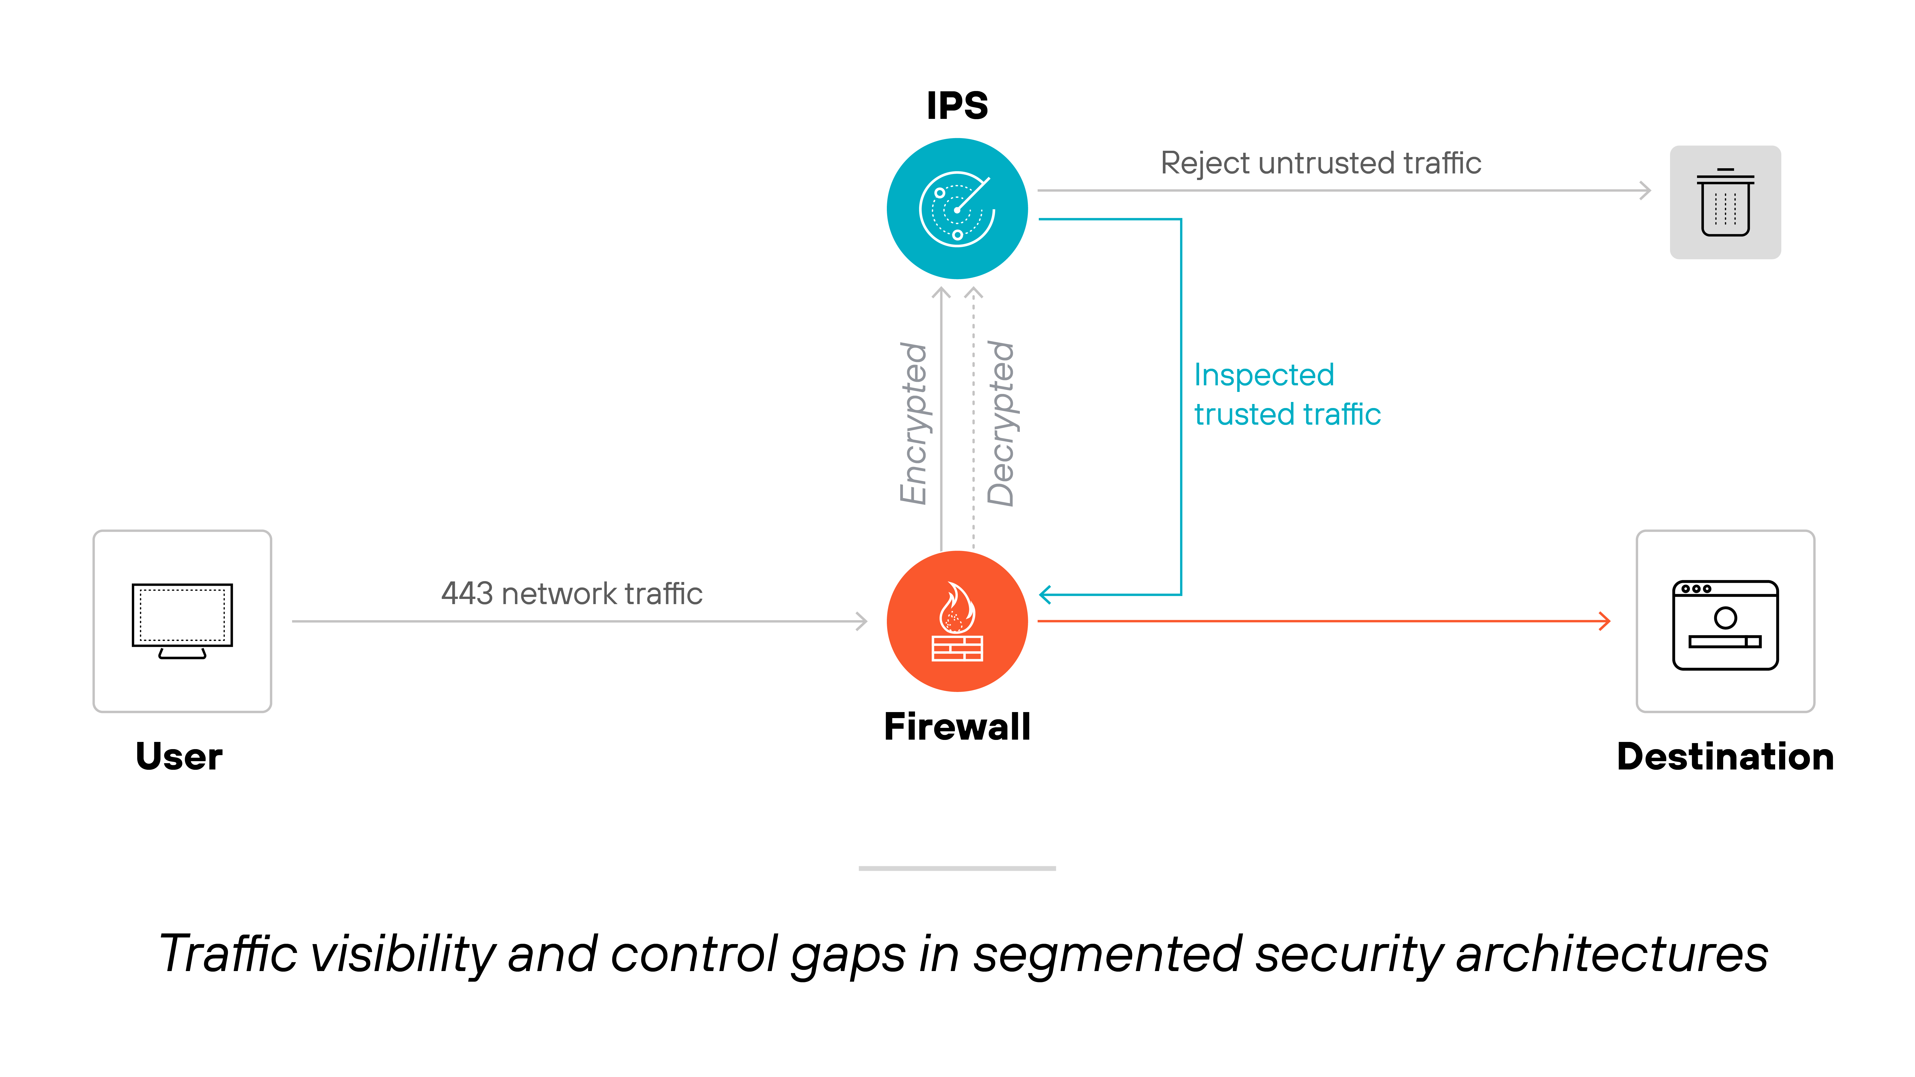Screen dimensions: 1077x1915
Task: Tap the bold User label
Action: (x=179, y=757)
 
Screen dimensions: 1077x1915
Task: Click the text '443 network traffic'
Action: (x=572, y=594)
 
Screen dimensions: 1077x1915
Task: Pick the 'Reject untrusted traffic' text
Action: (x=1320, y=163)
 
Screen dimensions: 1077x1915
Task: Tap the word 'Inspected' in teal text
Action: (x=1264, y=375)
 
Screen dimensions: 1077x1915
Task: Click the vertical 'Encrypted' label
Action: (x=914, y=424)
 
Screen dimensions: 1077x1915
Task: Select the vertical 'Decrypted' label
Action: (x=1001, y=424)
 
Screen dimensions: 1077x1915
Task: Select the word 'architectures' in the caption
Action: (x=1612, y=954)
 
